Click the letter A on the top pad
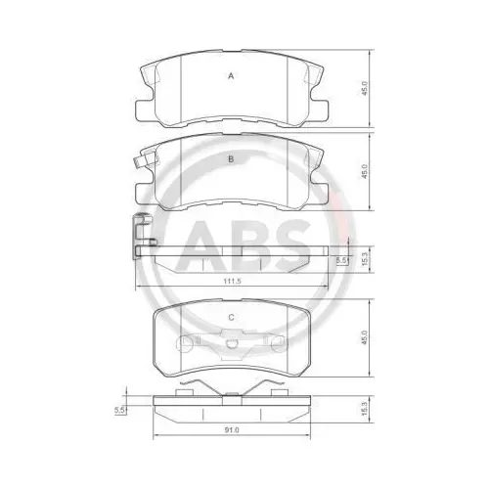click(x=231, y=76)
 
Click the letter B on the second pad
click(x=231, y=159)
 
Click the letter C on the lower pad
click(x=231, y=317)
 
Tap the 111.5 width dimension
click(x=232, y=281)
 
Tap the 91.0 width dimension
click(x=232, y=430)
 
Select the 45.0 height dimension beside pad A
click(x=365, y=88)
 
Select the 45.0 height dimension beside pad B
click(x=365, y=171)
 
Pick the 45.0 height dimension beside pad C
click(x=365, y=337)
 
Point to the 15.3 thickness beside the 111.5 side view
click(x=365, y=259)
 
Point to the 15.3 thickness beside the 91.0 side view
click(x=365, y=409)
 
